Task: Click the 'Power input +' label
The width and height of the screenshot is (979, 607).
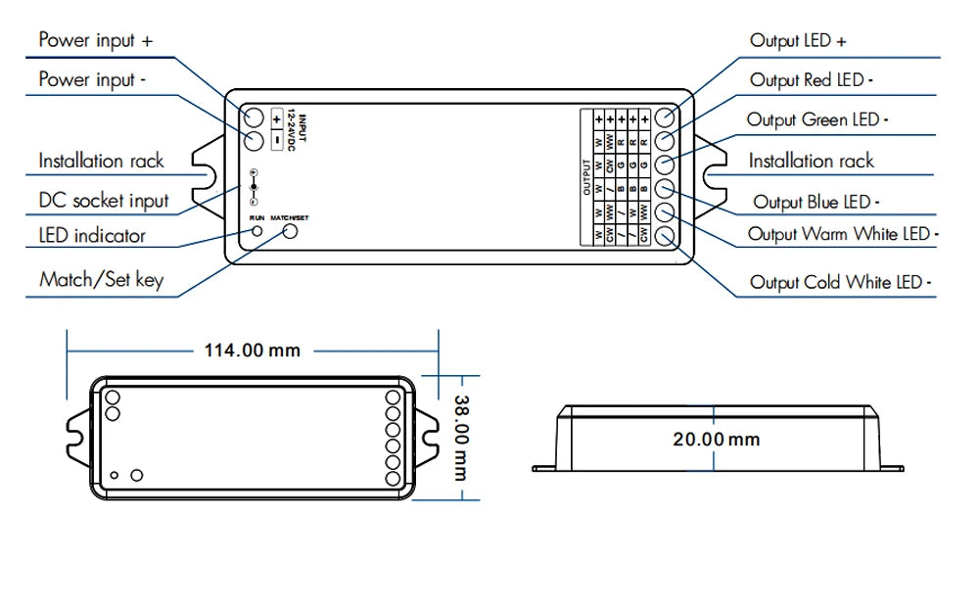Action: coord(95,40)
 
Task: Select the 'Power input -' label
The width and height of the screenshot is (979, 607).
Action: coord(93,79)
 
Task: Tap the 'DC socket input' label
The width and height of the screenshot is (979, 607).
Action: coord(104,201)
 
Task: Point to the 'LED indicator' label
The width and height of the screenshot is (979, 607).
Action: coord(92,235)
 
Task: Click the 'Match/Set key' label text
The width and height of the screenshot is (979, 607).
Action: coord(101,280)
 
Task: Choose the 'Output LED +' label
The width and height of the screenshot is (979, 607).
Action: coord(798,40)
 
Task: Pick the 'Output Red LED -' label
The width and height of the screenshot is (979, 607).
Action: coord(812,80)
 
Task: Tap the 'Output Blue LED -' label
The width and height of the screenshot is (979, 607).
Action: coord(816,202)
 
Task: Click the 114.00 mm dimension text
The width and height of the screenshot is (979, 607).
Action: coord(252,350)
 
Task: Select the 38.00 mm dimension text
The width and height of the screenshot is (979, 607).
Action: coord(460,437)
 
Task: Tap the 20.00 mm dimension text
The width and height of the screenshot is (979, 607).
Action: coord(716,439)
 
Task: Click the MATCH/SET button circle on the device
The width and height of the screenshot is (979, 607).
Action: coord(290,232)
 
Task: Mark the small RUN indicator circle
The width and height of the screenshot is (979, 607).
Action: coord(257,232)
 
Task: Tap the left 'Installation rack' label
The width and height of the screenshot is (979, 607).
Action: coord(101,161)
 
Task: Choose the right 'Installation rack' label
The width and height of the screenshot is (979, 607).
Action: coord(811,161)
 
